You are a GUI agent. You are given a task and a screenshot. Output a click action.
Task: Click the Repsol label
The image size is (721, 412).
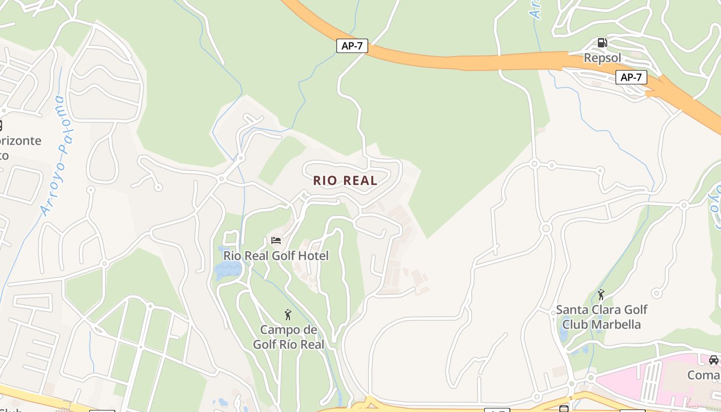point(602,58)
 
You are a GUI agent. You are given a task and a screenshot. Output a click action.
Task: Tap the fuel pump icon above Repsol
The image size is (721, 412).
point(602,42)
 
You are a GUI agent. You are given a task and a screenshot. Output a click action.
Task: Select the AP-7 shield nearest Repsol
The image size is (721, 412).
point(631,77)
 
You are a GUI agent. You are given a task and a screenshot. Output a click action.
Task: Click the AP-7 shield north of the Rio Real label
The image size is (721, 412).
point(352,46)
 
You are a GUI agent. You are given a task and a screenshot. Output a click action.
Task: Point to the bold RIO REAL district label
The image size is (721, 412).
point(345,181)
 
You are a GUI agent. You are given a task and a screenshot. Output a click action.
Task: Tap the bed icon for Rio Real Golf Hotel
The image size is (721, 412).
point(276,241)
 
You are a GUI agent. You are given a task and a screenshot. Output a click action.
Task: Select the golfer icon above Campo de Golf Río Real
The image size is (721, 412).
point(288,315)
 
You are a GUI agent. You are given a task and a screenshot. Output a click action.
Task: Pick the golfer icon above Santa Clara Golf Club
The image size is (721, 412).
point(601,295)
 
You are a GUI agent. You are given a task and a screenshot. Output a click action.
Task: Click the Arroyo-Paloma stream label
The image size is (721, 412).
point(54,154)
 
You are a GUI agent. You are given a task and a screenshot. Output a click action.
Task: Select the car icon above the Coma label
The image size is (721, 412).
point(713,359)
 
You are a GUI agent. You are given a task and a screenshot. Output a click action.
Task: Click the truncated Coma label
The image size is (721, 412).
point(704,375)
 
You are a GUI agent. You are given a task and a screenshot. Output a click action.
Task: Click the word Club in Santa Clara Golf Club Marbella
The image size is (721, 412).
point(575,324)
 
